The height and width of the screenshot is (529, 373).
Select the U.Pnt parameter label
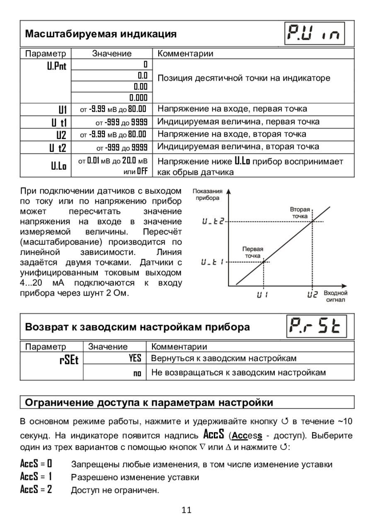(x=56, y=66)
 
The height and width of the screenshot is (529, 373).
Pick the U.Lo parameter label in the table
(x=58, y=166)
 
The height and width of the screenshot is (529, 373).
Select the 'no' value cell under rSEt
(x=137, y=373)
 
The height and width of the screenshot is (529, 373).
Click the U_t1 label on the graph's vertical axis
(x=213, y=262)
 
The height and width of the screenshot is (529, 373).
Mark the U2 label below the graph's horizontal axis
(x=312, y=295)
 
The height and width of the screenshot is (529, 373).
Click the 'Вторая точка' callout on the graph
(x=299, y=213)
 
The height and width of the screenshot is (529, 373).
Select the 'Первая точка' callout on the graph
(x=252, y=252)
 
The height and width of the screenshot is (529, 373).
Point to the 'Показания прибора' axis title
(x=208, y=195)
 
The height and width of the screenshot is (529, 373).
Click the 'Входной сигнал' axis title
(x=335, y=296)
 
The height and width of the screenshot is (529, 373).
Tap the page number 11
(x=186, y=510)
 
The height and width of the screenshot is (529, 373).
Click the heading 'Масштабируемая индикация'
(x=101, y=34)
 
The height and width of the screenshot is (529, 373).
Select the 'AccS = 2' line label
(x=36, y=489)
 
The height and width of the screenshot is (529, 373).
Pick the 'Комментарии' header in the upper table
(x=186, y=53)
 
